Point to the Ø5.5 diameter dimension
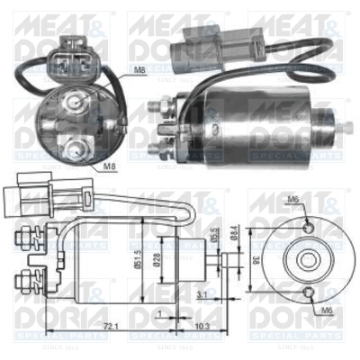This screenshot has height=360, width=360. click(212, 232)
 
